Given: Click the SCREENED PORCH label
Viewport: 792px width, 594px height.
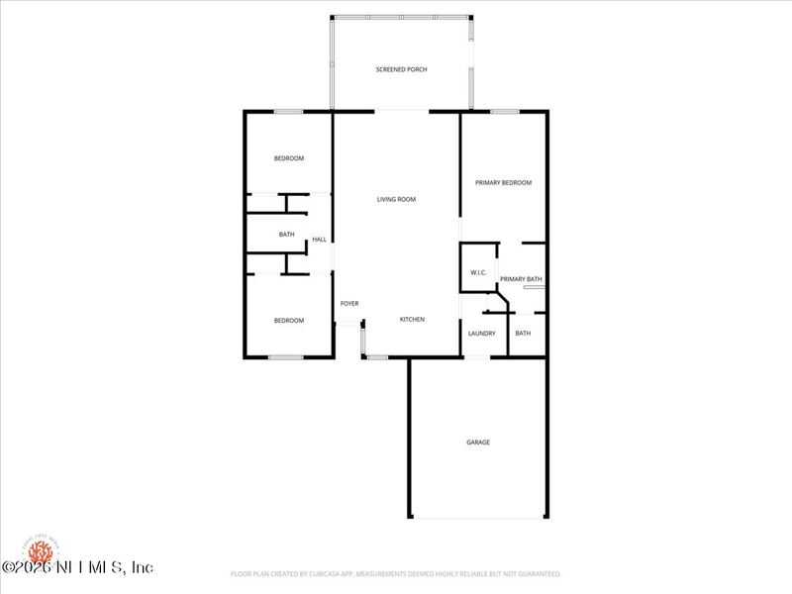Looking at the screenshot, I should tap(401, 69).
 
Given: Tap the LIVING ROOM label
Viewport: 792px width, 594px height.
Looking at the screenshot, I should tap(396, 199).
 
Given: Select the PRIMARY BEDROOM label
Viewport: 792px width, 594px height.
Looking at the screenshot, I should tap(503, 182).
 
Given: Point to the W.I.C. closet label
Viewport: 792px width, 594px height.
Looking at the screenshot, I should tap(476, 273).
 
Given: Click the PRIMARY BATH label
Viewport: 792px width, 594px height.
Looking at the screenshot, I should tap(520, 279).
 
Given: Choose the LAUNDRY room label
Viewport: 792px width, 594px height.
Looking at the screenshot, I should tap(482, 333).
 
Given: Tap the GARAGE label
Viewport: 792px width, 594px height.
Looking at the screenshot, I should tap(478, 442).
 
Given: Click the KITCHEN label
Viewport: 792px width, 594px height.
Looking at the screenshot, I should tap(412, 319).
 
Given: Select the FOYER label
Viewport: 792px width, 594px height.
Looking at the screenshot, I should tap(349, 303).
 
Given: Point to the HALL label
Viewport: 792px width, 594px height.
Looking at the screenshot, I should tap(320, 240).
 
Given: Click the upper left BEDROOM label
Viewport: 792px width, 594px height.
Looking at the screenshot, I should tap(288, 158).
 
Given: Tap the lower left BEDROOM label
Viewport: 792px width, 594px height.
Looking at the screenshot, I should tap(288, 320).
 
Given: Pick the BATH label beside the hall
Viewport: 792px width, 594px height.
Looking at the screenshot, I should tap(286, 235).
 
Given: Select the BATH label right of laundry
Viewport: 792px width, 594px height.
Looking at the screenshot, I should tap(523, 333).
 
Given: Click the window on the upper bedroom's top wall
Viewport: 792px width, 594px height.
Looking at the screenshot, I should tap(288, 111).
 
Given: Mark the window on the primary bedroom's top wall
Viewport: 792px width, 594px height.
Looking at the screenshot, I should tap(505, 111).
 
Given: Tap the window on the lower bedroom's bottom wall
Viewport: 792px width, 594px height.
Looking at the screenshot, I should tap(285, 357).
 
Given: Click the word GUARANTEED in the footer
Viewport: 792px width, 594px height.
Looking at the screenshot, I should tap(539, 573).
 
